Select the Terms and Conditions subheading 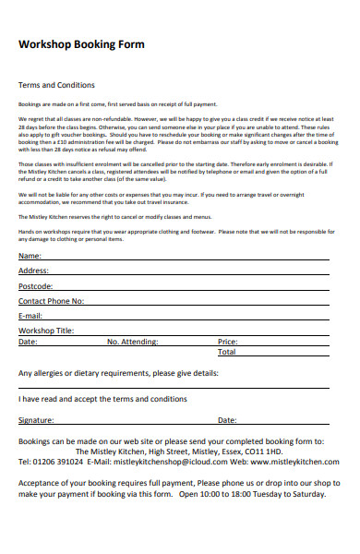pyautogui.click(x=58, y=85)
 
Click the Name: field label pyautogui.click(x=30, y=256)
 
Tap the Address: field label pyautogui.click(x=34, y=271)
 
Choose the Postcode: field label pyautogui.click(x=36, y=286)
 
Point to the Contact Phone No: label pyautogui.click(x=52, y=301)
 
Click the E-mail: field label pyautogui.click(x=31, y=316)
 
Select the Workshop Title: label pyautogui.click(x=46, y=331)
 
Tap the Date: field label pyautogui.click(x=28, y=342)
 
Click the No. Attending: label pyautogui.click(x=133, y=342)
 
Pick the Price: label pyautogui.click(x=228, y=342)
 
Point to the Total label pyautogui.click(x=226, y=352)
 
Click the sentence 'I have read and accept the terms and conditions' pyautogui.click(x=102, y=399)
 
